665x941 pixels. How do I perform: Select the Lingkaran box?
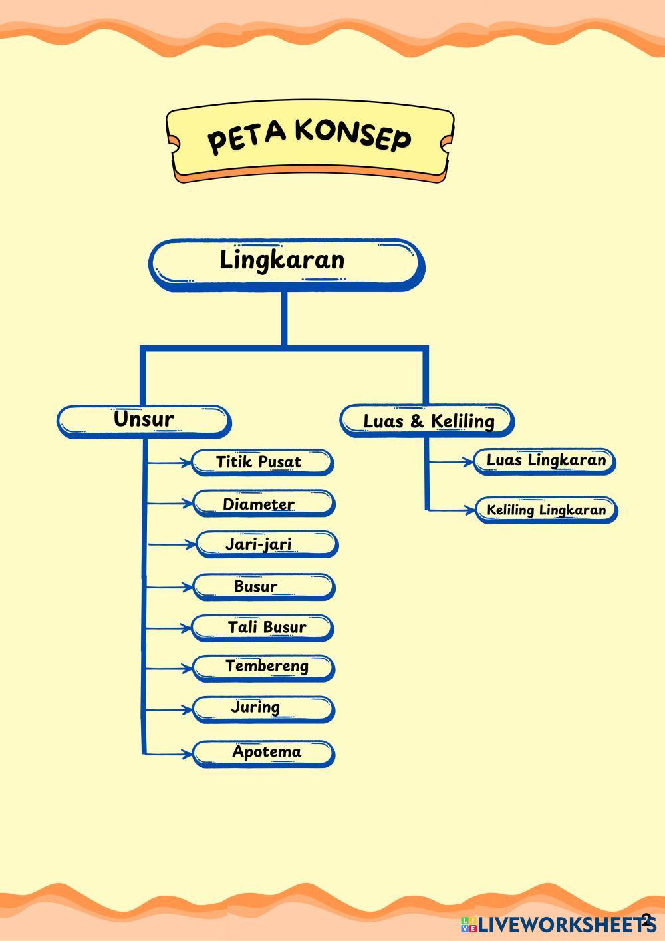(285, 264)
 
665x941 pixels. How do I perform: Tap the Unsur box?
(144, 421)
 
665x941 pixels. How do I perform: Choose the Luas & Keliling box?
(428, 421)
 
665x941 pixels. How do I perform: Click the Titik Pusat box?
(262, 463)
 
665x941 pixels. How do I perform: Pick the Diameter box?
(263, 504)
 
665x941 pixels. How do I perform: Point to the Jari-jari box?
(265, 545)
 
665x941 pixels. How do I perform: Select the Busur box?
(263, 587)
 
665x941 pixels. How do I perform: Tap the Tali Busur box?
(263, 628)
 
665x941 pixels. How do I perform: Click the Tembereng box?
(263, 667)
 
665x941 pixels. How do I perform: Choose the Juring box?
(263, 709)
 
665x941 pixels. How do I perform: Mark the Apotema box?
(263, 753)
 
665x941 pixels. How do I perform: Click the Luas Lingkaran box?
(545, 461)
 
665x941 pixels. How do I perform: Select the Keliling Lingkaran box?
(546, 510)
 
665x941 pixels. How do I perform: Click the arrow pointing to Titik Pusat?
(169, 462)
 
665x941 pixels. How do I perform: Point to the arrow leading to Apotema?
(169, 753)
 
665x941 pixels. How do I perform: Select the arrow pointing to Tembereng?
(169, 668)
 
